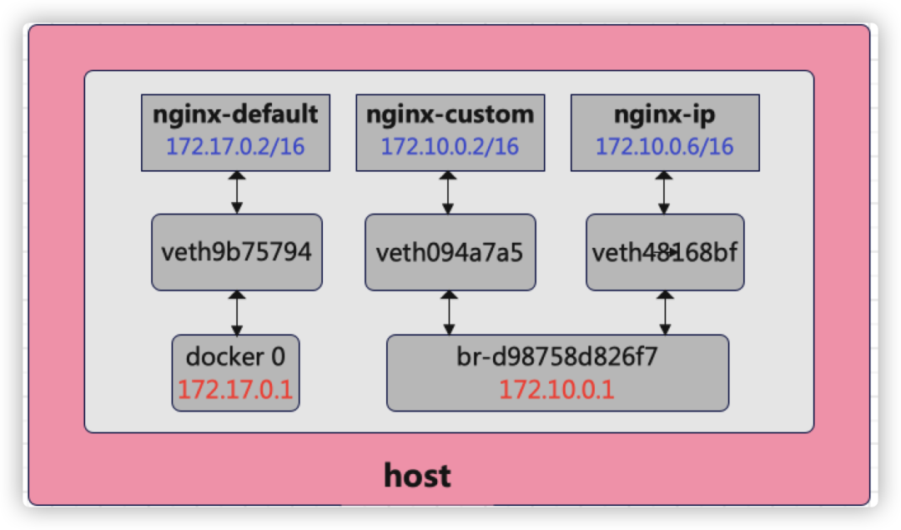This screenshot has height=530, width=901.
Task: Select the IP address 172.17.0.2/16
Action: coord(235,147)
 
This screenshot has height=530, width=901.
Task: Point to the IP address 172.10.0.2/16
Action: coord(450,147)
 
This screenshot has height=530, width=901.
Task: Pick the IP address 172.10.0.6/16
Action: coord(665,147)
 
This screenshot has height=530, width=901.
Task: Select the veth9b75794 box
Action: coord(237,252)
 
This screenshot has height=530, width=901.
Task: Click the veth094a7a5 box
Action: coord(450,252)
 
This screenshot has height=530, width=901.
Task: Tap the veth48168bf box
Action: coord(665,252)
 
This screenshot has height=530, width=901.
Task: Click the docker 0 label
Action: coord(235,357)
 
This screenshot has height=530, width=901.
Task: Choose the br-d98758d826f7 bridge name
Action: coord(556,357)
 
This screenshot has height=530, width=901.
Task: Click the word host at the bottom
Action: coord(417,476)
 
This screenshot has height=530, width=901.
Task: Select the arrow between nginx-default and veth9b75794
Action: coord(237,193)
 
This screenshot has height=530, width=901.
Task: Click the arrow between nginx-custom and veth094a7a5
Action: coord(448,193)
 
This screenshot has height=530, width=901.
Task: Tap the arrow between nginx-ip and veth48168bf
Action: coord(664,193)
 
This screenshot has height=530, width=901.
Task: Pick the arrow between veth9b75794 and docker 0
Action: coord(237,313)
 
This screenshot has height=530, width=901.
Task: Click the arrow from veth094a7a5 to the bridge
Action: coord(450,313)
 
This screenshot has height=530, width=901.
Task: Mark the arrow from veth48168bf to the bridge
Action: coord(666,313)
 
